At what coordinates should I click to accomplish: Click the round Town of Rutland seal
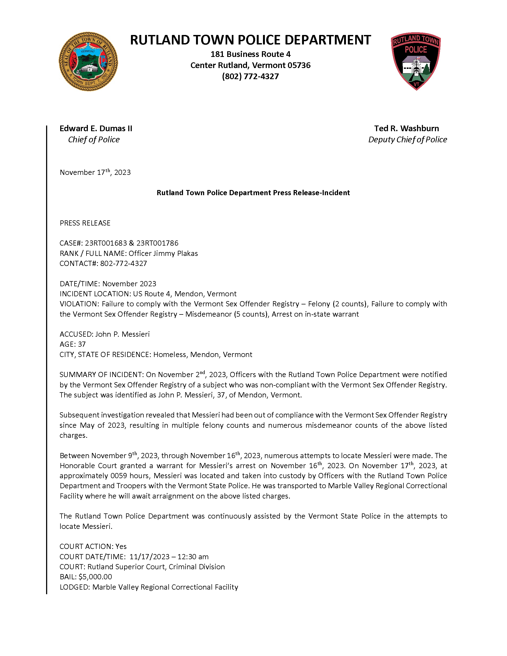(88, 62)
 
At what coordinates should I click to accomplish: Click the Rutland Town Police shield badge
(416, 61)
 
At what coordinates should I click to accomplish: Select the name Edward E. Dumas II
(96, 128)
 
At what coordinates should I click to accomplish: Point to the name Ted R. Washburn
(406, 128)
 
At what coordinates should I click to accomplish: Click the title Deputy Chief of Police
(407, 140)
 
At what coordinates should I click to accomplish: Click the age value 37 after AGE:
(82, 344)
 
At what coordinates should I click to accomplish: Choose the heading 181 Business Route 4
(250, 54)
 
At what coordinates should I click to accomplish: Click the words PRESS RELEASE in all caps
(85, 223)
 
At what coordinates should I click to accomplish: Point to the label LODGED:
(75, 587)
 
